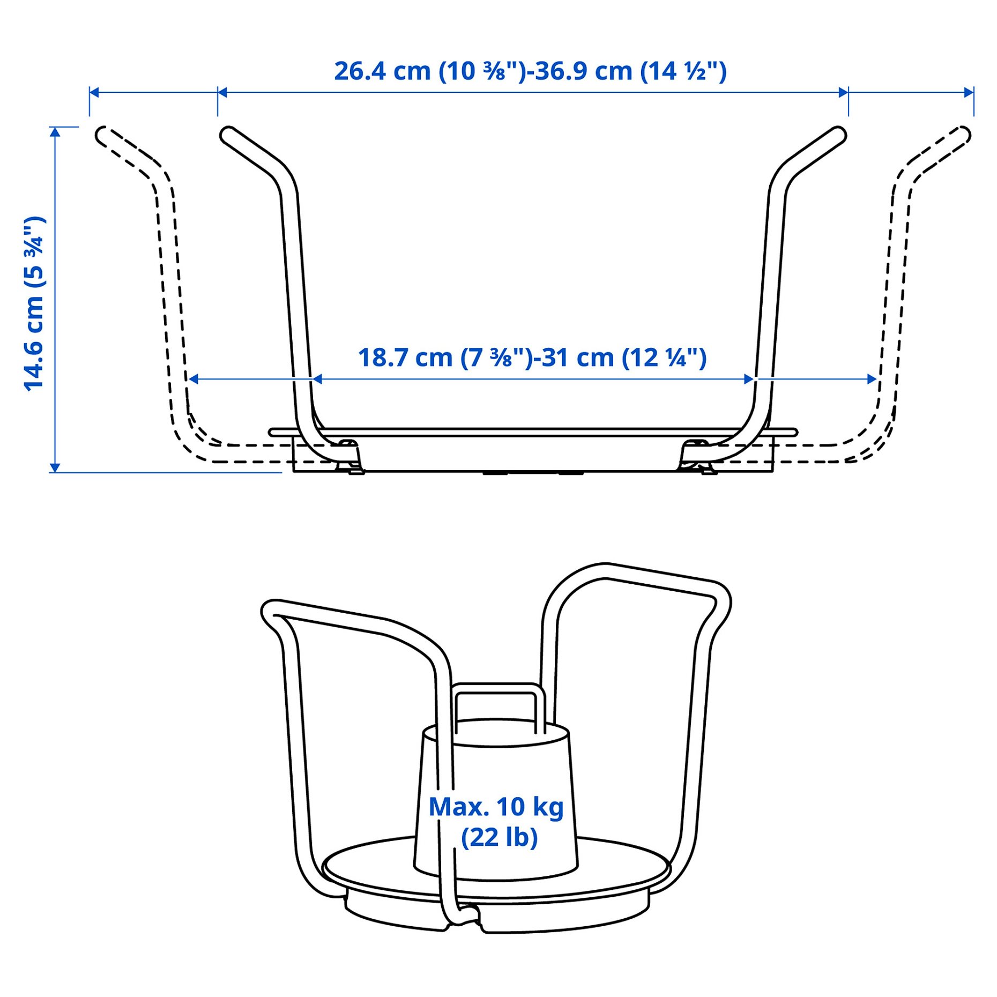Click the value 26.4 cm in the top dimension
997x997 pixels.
click(x=382, y=71)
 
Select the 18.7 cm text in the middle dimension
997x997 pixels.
click(x=405, y=358)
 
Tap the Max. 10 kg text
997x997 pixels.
click(x=496, y=807)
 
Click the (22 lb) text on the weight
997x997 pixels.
click(x=499, y=838)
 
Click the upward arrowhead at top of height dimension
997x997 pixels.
click(x=55, y=132)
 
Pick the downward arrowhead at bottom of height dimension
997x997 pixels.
click(x=55, y=468)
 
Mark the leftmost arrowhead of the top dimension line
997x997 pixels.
click(x=94, y=92)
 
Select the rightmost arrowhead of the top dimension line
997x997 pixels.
click(x=969, y=92)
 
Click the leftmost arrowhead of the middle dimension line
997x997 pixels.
click(x=194, y=380)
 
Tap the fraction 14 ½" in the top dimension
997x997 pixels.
click(x=684, y=71)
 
